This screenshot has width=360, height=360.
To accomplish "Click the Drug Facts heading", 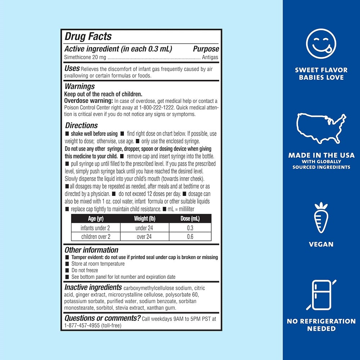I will pos(88,36).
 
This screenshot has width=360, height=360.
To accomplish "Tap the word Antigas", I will pos(210,57).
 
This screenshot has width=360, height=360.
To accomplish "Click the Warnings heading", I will pos(80,86).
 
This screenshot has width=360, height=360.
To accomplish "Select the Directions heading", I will pos(81,125).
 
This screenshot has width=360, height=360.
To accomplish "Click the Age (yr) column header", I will pos(96,219).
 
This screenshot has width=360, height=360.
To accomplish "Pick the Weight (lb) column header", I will pos(144,219).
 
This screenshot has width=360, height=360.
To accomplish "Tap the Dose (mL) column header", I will pos(190,219).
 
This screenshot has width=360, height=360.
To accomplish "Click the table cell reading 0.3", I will pos(190,228).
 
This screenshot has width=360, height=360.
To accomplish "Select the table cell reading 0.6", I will pos(190,237).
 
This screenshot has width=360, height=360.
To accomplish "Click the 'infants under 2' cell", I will pos(95,228).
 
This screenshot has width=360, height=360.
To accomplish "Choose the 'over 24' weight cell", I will pos(144,237).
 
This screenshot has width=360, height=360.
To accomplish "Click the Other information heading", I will pos(91,250).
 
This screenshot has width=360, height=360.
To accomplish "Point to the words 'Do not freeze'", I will pos(85,270).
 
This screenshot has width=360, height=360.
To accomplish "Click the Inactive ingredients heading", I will pos(93,287).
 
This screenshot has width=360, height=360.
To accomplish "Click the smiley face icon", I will pos(321,44).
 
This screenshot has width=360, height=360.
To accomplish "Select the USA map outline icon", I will pos(321,128).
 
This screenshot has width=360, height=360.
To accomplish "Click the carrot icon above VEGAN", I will pos(321,218).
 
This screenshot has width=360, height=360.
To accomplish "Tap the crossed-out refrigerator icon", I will pos(321,295).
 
